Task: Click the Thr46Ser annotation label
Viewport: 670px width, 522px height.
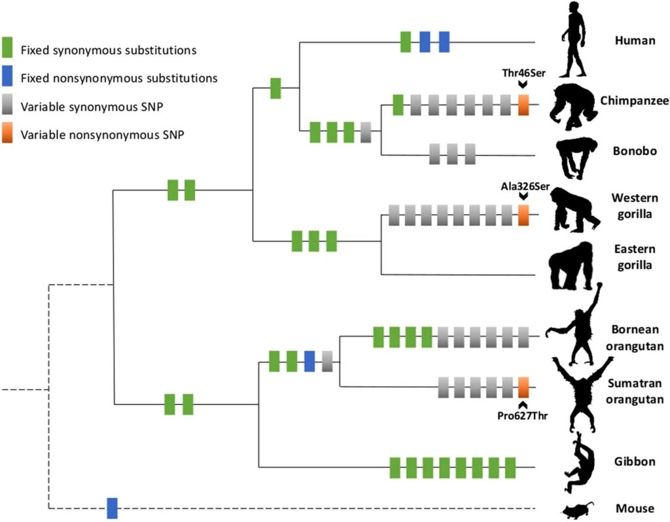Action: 524,73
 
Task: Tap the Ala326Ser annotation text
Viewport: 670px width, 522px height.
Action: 525,186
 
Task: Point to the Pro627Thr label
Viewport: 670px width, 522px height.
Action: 522,415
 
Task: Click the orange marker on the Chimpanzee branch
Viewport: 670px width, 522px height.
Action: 523,105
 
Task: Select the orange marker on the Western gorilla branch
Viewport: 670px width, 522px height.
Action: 523,215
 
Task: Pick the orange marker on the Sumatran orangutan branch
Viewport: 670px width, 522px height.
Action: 523,387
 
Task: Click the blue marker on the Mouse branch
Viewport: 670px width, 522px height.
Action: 112,508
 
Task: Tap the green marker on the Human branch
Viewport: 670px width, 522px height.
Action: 406,42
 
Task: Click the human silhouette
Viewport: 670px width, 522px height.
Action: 574,40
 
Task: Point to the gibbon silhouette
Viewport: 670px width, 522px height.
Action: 578,462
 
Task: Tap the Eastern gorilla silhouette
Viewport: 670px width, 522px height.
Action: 571,266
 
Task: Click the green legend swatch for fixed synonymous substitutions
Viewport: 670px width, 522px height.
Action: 7,47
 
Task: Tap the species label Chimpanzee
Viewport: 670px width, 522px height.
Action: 635,101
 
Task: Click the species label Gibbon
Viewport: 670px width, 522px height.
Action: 635,461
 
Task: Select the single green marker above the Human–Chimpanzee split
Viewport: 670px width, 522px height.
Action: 275,88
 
